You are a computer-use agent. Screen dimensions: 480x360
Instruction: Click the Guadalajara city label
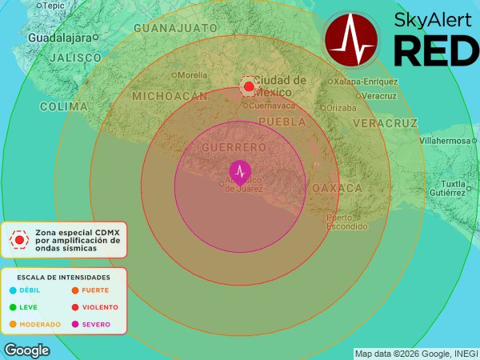[59, 38]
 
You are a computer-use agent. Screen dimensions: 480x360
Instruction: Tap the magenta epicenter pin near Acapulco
[239, 171]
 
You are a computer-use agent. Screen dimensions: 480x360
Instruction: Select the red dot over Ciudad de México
[249, 86]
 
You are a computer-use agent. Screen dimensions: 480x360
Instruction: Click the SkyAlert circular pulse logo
[351, 39]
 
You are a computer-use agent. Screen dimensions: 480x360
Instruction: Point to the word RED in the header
[436, 51]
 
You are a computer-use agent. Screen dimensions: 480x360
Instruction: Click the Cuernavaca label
[272, 106]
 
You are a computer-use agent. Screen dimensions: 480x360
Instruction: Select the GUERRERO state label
[234, 148]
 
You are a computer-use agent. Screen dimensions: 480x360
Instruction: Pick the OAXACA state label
[337, 188]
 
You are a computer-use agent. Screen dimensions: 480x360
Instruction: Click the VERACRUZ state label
[385, 123]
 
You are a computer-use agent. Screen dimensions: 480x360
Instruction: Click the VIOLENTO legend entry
[99, 307]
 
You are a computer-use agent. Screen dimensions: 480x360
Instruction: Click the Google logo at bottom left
[26, 350]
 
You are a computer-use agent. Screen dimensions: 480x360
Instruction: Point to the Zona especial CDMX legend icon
[18, 238]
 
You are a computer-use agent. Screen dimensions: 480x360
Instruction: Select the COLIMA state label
[62, 106]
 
